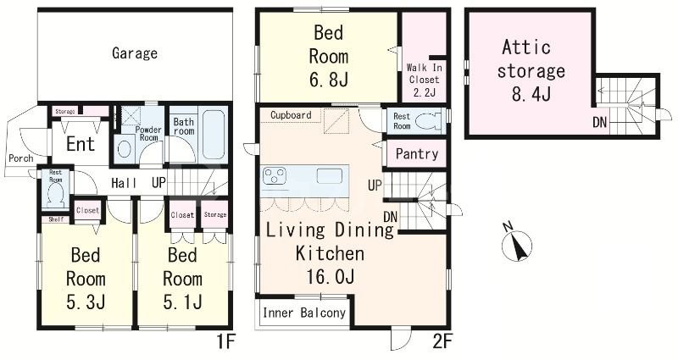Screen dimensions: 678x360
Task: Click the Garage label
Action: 135,53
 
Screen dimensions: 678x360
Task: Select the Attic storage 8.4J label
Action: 531,70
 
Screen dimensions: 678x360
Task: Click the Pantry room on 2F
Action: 416,153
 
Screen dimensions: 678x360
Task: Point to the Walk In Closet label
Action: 425,74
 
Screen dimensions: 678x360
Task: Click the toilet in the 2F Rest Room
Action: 429,121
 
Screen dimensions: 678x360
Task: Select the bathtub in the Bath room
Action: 214,135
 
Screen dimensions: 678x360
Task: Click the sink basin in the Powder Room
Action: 125,149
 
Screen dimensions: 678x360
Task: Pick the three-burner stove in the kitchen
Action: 275,176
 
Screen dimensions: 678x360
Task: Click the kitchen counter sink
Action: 330,176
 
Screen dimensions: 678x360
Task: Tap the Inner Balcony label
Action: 304,313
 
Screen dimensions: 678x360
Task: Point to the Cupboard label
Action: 291,115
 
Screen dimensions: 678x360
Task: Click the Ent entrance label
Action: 81,144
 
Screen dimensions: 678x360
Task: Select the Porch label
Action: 20,158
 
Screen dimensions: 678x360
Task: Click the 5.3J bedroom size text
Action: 86,302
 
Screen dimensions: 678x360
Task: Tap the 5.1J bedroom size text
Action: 182,302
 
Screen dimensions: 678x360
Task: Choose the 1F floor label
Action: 225,342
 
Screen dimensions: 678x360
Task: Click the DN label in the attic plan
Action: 600,123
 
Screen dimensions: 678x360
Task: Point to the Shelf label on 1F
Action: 56,219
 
